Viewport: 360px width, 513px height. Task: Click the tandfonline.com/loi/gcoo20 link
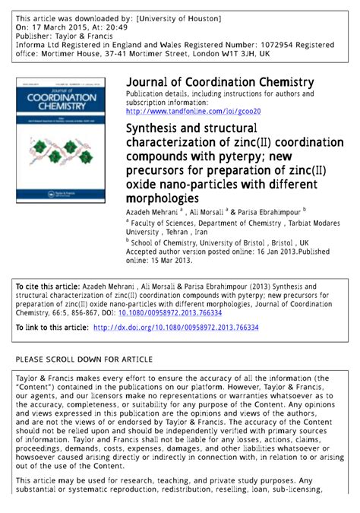[x=193, y=111]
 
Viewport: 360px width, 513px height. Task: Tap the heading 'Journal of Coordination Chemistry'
[x=219, y=82]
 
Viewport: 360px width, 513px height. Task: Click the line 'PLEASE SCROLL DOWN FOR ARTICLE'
[x=84, y=359]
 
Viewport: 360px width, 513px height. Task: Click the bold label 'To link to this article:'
[x=52, y=328]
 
